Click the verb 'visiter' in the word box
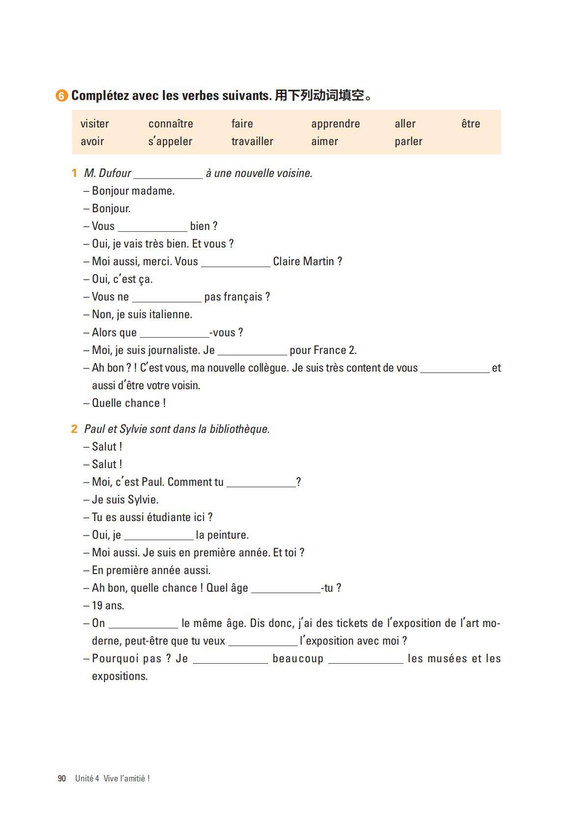[x=95, y=124]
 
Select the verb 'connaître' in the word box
[x=171, y=124]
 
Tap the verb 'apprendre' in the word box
[x=335, y=124]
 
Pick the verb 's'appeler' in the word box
[x=170, y=141]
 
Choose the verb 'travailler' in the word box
[x=252, y=141]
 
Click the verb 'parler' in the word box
[x=408, y=141]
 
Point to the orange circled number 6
[x=61, y=96]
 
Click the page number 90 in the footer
[x=62, y=778]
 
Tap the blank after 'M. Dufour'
[x=168, y=175]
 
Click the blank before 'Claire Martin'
[x=236, y=263]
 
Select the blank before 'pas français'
[x=167, y=298]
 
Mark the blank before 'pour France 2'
[x=252, y=351]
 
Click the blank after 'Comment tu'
[x=261, y=483]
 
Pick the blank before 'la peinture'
[x=159, y=536]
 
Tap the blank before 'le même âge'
[x=143, y=625]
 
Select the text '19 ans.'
[x=108, y=605]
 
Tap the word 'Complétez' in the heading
[x=100, y=96]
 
